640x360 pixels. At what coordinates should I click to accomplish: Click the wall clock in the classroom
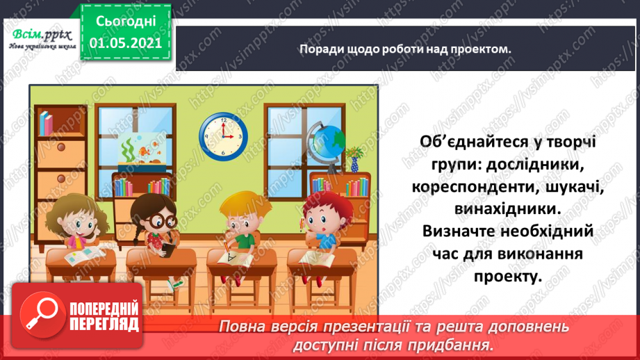coord(224,135)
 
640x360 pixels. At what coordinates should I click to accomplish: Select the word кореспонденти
coord(474,188)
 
